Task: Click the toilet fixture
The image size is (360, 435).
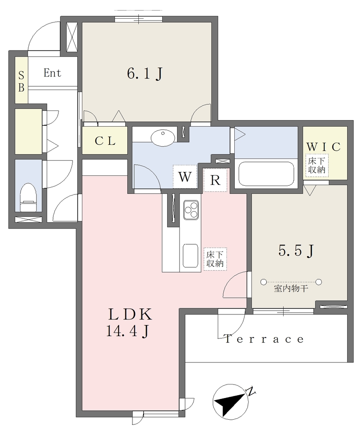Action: coord(28,197)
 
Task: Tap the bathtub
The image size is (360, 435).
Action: coord(266,174)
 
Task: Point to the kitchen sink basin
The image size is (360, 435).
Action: coord(191,256)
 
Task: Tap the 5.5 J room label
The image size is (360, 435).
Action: coord(296,251)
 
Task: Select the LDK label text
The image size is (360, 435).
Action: coord(130,315)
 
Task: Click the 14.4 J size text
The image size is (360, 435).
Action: coord(128,331)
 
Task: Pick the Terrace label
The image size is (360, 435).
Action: coord(264,339)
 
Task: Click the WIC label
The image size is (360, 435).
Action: coord(323,147)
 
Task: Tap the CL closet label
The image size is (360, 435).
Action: coord(105,141)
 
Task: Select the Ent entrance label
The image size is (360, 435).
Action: coord(52,73)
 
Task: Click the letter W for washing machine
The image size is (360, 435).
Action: coord(185,177)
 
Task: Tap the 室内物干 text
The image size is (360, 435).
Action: coord(291,289)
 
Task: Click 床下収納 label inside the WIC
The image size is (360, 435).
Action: coord(317,165)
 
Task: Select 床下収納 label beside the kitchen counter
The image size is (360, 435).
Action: coord(215,259)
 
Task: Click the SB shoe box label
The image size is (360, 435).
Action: coord(21,81)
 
